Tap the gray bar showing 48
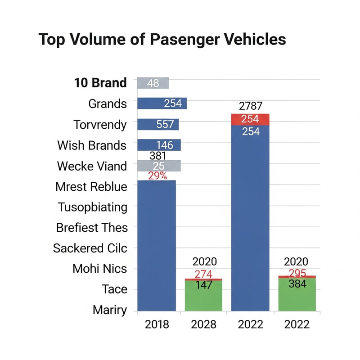click(x=153, y=83)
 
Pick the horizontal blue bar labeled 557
click(x=158, y=125)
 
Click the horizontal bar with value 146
click(x=159, y=145)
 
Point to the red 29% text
click(x=157, y=176)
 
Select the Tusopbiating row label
click(x=92, y=207)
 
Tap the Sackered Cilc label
click(x=90, y=248)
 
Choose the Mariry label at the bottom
click(x=109, y=310)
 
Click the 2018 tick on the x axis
click(x=157, y=324)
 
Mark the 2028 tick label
click(x=204, y=324)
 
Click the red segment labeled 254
click(x=250, y=119)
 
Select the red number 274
click(x=204, y=274)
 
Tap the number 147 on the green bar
click(x=204, y=285)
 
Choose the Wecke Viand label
click(x=92, y=166)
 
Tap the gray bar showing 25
click(x=158, y=166)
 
